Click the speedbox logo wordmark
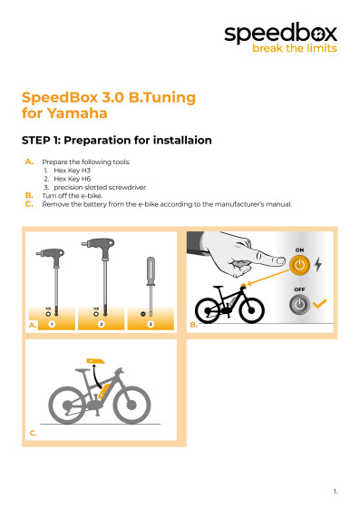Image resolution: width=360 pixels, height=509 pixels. pos(280,33)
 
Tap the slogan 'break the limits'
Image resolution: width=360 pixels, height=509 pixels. pos(295,48)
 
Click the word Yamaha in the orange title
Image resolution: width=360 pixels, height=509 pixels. pos(77,113)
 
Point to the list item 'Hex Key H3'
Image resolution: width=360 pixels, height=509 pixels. pos(72,171)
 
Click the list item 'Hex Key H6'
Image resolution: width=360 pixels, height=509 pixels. pos(73,179)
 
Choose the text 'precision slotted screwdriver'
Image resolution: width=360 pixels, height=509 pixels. pos(100,187)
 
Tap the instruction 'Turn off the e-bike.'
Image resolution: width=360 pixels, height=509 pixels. pos(73,196)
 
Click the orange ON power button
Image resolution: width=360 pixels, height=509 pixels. pos(299,265)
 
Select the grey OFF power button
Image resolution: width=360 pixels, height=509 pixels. pos(299,305)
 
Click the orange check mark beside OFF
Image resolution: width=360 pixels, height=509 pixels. pos(319,304)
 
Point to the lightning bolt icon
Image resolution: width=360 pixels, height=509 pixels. pos(318,264)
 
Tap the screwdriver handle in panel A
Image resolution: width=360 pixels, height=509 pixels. pos(151,269)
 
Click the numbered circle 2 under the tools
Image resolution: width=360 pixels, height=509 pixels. pos(102,324)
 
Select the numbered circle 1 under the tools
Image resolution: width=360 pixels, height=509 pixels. pos(52,324)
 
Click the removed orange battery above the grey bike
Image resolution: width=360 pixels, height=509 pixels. pos(95,361)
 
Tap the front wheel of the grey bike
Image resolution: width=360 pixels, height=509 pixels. pos(131,405)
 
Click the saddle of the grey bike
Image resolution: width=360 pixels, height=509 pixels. pos(83,370)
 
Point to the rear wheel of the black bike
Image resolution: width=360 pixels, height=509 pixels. pos(208,310)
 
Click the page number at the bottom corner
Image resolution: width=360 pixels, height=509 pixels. pos(336,492)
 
